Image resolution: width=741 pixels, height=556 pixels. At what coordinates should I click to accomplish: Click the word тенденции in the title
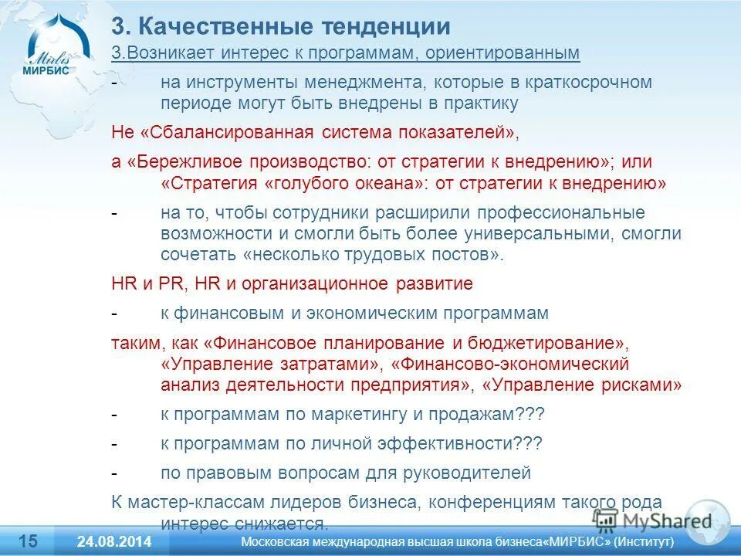coord(393,27)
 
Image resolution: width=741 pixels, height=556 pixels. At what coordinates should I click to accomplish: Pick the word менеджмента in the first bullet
coord(370,83)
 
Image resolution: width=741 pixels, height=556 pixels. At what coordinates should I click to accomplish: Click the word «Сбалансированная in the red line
coord(227,132)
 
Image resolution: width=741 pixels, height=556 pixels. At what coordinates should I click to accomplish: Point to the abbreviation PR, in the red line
coord(173,283)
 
